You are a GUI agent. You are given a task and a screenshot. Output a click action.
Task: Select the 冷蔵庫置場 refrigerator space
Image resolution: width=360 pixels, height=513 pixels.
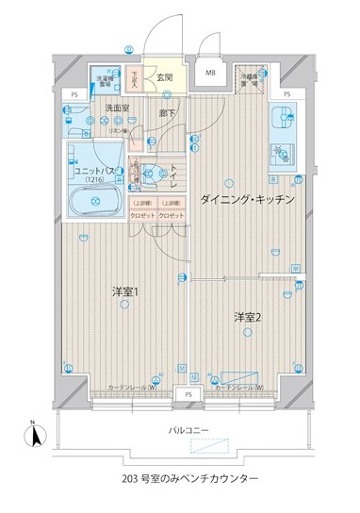(x=249, y=82)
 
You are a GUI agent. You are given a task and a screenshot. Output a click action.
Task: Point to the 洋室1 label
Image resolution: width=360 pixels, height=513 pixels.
(x=125, y=290)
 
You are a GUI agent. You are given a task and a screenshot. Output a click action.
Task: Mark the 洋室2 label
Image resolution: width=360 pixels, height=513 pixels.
(x=249, y=316)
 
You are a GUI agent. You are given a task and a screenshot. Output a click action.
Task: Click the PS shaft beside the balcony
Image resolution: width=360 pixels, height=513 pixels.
(x=189, y=393)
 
